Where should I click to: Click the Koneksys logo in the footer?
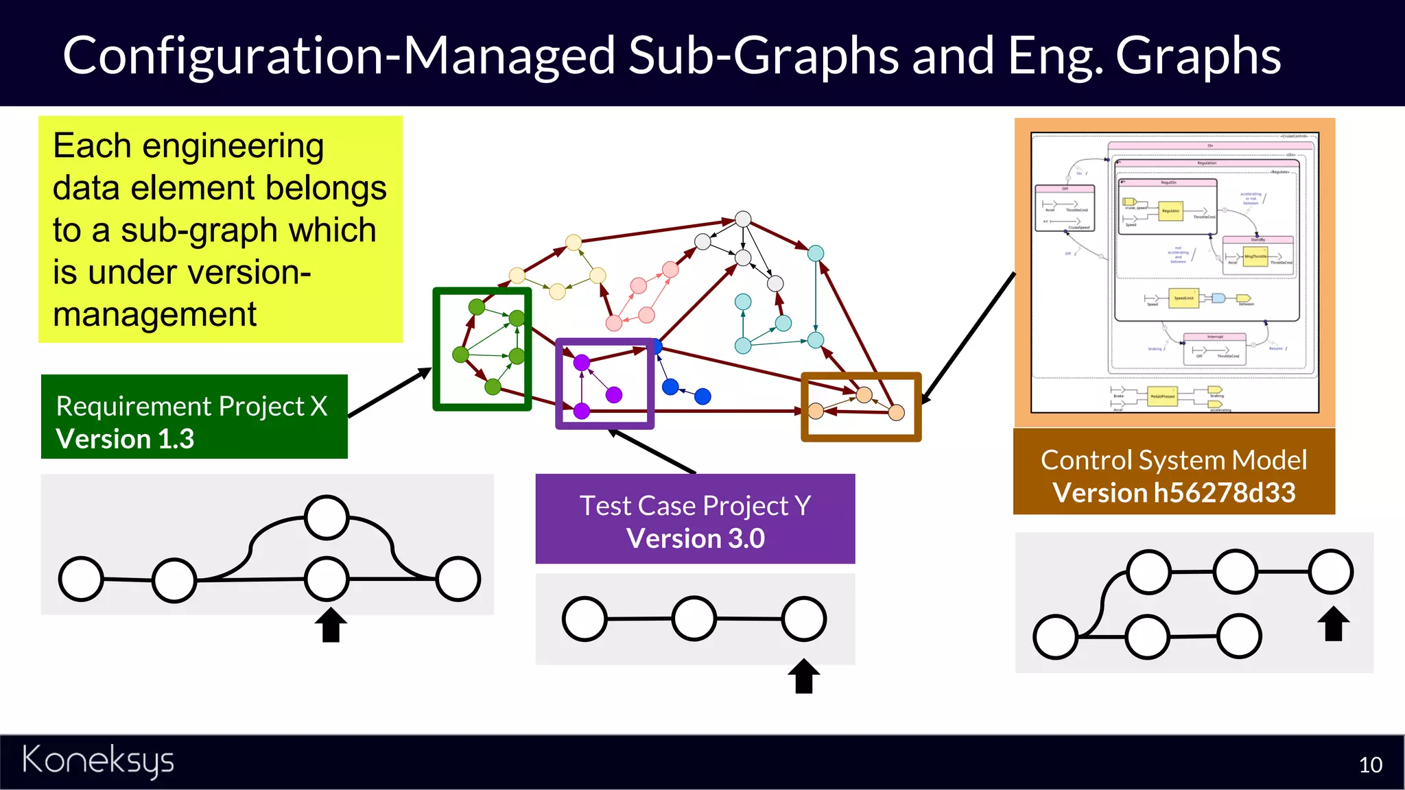pyautogui.click(x=98, y=761)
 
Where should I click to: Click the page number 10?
pyautogui.click(x=1370, y=765)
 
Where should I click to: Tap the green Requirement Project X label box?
pyautogui.click(x=194, y=416)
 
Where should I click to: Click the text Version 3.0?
pyautogui.click(x=695, y=539)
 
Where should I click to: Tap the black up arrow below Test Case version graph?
pyautogui.click(x=803, y=676)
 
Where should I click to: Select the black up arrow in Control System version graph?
pyautogui.click(x=1333, y=623)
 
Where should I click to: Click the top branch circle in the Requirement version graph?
pyautogui.click(x=327, y=518)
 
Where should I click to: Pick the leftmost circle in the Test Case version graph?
pyautogui.click(x=585, y=619)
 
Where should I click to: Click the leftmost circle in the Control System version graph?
pyautogui.click(x=1055, y=637)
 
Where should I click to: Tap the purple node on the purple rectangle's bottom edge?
pyautogui.click(x=582, y=411)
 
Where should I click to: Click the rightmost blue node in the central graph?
pyautogui.click(x=702, y=396)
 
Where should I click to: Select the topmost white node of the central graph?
pyautogui.click(x=743, y=219)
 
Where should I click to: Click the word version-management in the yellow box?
pyautogui.click(x=200, y=272)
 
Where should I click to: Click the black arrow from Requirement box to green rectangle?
pyautogui.click(x=390, y=393)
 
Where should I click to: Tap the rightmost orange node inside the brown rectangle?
pyautogui.click(x=896, y=412)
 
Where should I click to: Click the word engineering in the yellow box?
pyautogui.click(x=233, y=146)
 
